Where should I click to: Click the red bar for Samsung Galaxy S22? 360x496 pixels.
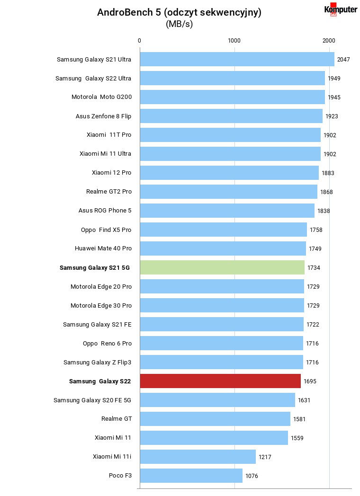pos(220,381)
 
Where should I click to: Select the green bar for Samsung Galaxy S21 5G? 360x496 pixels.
pos(222,267)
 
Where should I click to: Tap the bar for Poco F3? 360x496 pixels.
pos(191,476)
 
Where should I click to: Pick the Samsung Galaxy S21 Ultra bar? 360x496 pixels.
pos(237,59)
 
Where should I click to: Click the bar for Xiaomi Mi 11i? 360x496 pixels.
pos(198,456)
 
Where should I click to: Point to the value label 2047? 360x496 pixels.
pos(343,60)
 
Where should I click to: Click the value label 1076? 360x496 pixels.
pos(252,476)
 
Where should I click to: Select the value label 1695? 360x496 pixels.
pos(310,381)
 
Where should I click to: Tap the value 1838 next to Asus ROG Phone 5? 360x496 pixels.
pos(324,211)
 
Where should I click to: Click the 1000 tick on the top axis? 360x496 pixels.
pos(234,41)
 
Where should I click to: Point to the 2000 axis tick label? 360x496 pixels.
pos(329,41)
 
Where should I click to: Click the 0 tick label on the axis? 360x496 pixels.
pos(139,41)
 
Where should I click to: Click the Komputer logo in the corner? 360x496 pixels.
pos(341,9)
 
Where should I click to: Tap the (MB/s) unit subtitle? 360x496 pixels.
pos(179,24)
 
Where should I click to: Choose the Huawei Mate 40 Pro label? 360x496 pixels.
pos(103,248)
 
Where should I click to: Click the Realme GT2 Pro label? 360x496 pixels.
pos(109,191)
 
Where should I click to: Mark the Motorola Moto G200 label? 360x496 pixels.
pos(102,97)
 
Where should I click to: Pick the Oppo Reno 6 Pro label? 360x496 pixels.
pos(108,343)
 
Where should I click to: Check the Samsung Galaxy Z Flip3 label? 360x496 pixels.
pos(98,362)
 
